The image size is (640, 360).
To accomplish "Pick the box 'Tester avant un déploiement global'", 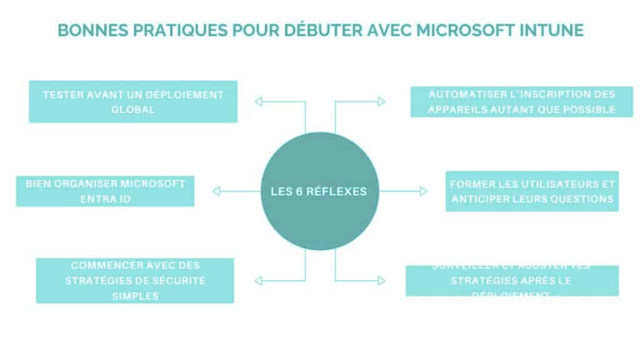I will pyautogui.click(x=133, y=101).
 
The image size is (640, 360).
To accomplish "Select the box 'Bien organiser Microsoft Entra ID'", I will pyautogui.click(x=105, y=191).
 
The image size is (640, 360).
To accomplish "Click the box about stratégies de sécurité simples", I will pyautogui.click(x=135, y=281).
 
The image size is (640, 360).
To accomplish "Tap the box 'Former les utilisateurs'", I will pyautogui.click(x=532, y=191).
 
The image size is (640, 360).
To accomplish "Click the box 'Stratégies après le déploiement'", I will pyautogui.click(x=512, y=281).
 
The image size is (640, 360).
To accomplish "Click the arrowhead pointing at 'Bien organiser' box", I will pyautogui.click(x=216, y=191).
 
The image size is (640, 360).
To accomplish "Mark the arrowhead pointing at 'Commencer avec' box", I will pyautogui.click(x=258, y=280).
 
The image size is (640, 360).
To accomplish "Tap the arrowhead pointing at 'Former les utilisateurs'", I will pyautogui.click(x=423, y=191).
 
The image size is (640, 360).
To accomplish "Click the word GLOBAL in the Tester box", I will pyautogui.click(x=133, y=109).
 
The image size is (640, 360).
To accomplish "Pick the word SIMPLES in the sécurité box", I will pyautogui.click(x=135, y=296).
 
